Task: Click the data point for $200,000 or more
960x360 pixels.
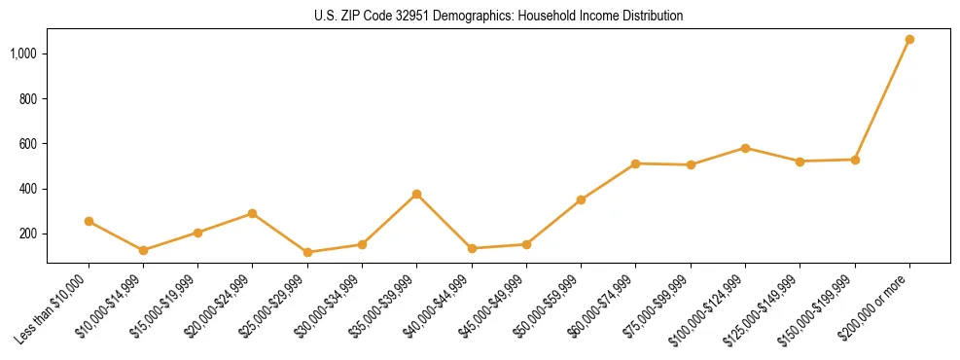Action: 909,39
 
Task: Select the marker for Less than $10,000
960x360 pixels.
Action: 89,221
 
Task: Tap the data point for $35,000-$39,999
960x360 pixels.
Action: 417,194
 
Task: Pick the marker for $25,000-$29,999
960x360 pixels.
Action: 307,252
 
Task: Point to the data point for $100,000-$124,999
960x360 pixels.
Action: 745,148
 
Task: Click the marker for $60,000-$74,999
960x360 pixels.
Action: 636,163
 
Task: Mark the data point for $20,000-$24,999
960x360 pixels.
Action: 253,213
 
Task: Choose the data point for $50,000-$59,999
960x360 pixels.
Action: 581,199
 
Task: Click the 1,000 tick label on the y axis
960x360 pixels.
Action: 24,54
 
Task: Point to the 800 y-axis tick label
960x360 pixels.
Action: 29,99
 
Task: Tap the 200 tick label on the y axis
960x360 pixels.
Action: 29,234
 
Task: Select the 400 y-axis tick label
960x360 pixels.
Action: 29,189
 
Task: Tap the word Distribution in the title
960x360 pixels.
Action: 651,17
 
